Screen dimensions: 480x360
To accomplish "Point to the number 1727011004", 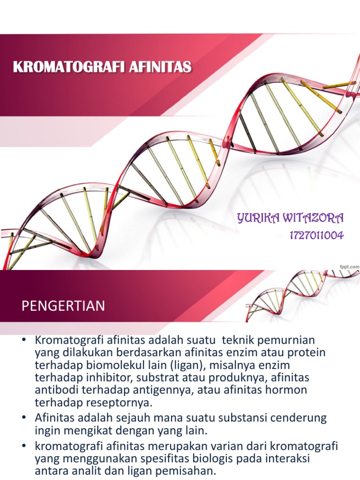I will pos(316,235).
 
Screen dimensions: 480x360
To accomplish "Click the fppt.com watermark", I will pos(349,266).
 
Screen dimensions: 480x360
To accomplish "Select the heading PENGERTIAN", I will pos(64,307).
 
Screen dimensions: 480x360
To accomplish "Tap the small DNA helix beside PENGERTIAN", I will pos(300,295).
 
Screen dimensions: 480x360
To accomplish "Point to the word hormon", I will pos(288,390).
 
